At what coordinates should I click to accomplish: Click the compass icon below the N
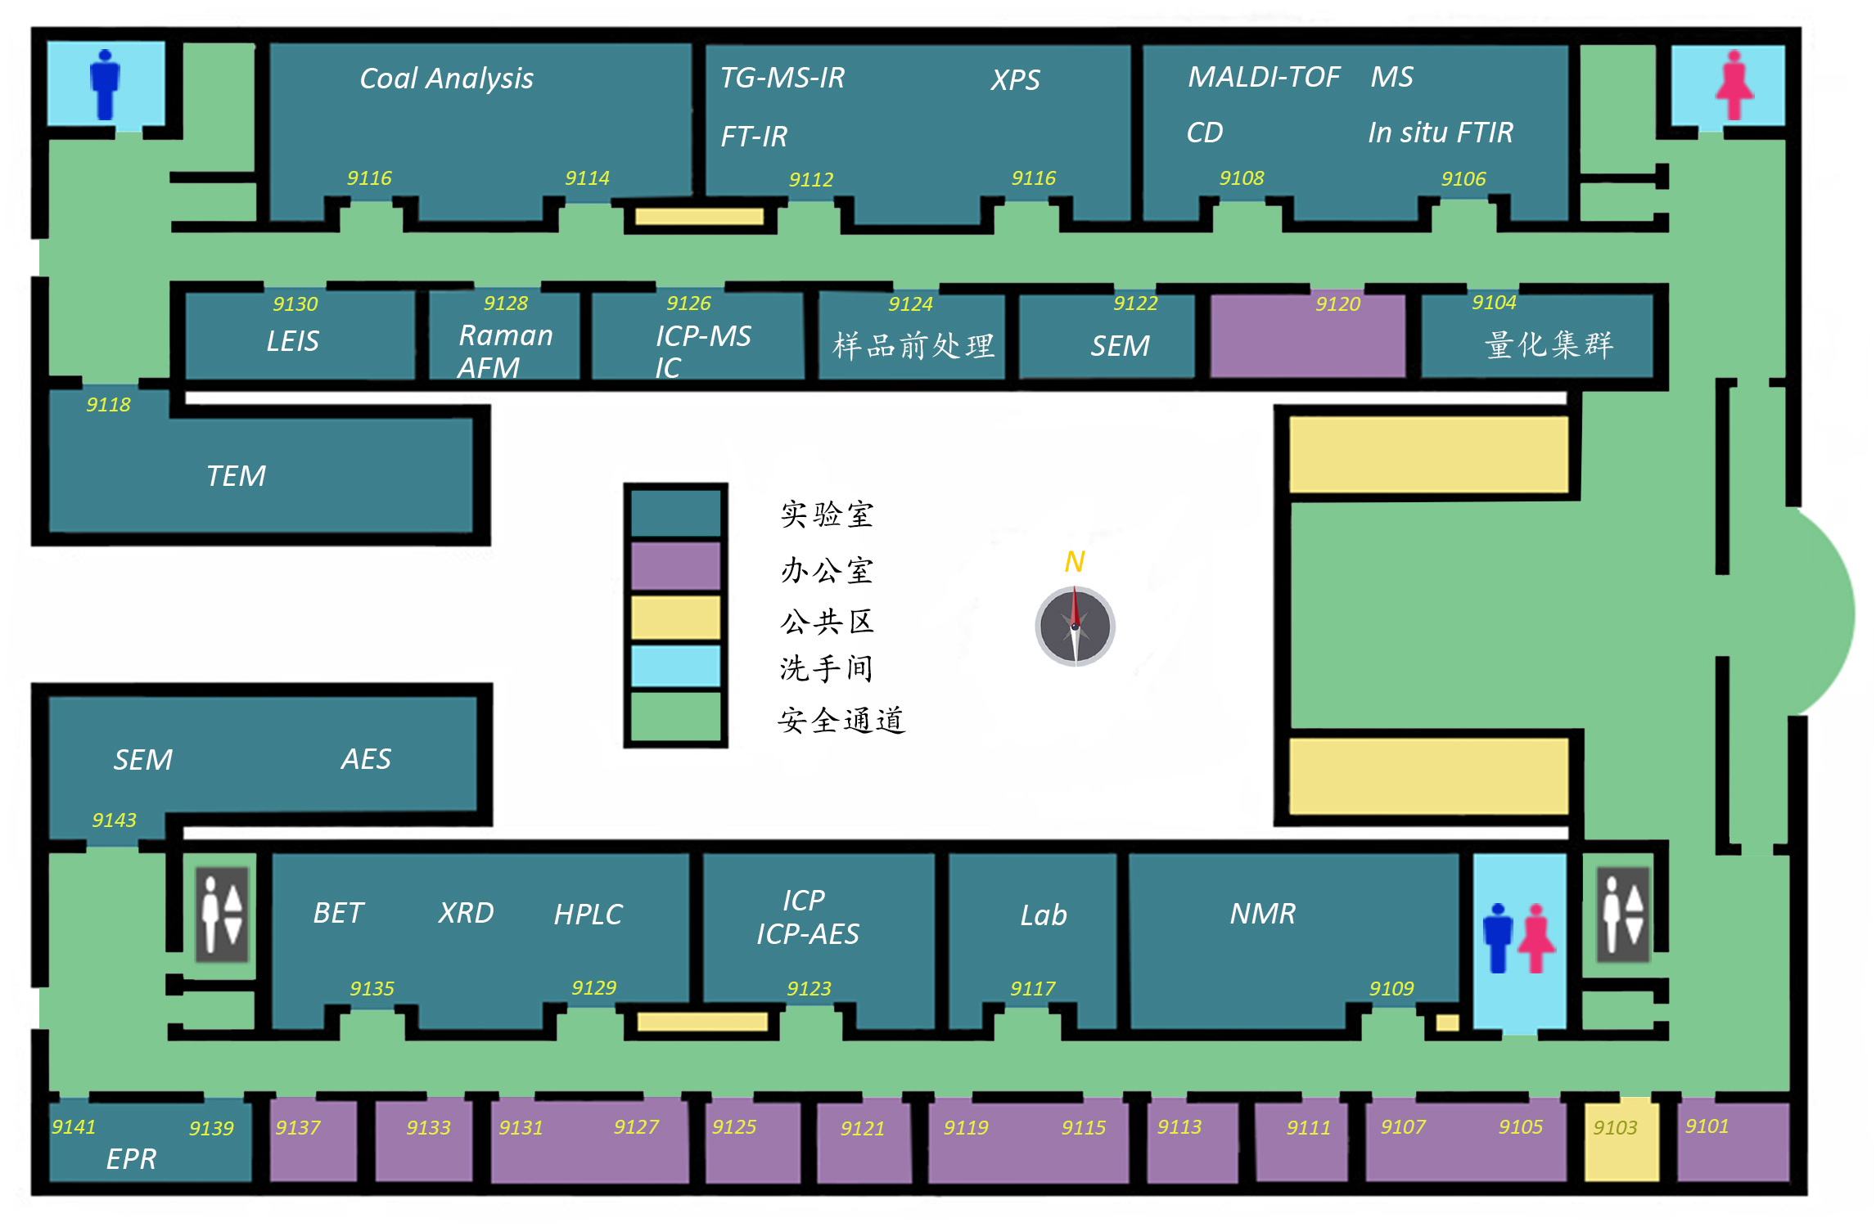click(x=1075, y=627)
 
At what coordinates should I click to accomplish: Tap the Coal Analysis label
click(x=446, y=79)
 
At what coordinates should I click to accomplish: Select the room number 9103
click(x=1614, y=1128)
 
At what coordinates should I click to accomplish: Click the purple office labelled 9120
click(x=1307, y=337)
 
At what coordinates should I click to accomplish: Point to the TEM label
click(x=236, y=476)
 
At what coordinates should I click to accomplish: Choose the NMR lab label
click(x=1262, y=914)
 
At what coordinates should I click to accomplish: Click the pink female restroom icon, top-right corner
click(x=1734, y=85)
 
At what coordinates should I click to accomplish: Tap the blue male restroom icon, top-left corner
click(x=105, y=84)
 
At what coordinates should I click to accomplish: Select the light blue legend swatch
click(x=675, y=666)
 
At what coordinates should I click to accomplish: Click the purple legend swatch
click(x=675, y=565)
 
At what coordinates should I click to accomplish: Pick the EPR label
click(x=131, y=1159)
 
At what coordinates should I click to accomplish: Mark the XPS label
click(x=1015, y=80)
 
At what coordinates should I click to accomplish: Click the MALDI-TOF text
click(x=1263, y=77)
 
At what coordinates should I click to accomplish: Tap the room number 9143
click(x=114, y=820)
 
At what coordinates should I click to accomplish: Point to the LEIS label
click(x=292, y=341)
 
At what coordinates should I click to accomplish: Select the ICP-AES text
click(x=807, y=934)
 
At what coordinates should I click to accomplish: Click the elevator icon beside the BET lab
click(x=222, y=915)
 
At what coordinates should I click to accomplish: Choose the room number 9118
click(x=108, y=405)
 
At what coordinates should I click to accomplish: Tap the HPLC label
click(x=588, y=915)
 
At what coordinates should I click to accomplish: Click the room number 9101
click(x=1707, y=1126)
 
